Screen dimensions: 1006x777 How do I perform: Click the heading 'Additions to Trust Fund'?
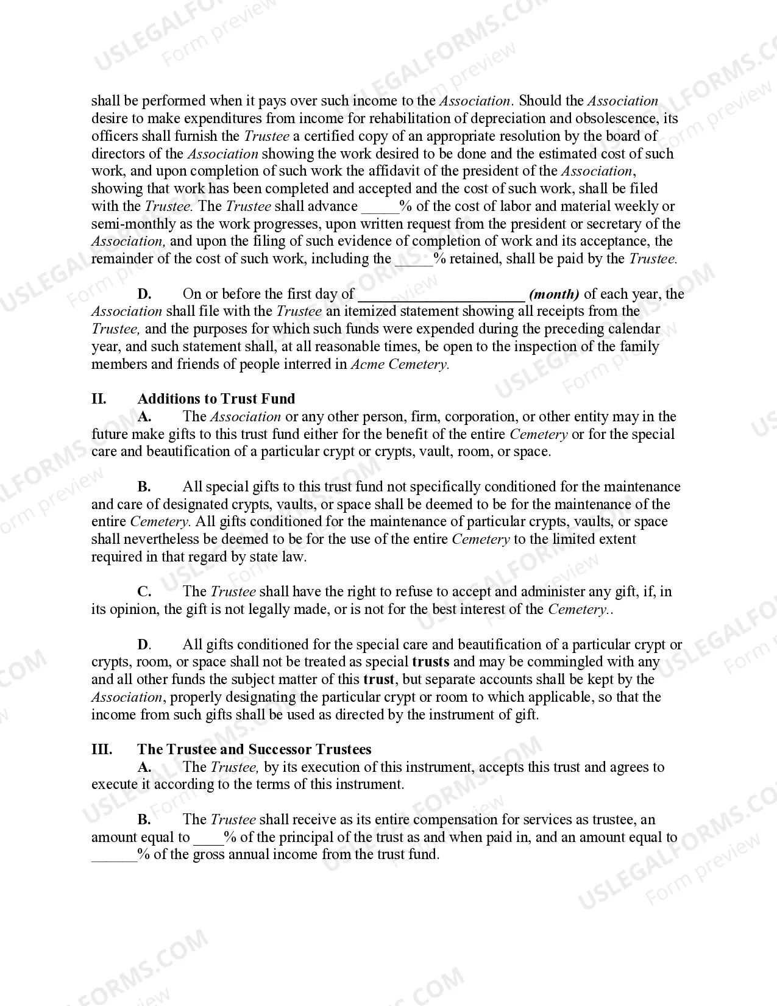click(x=216, y=399)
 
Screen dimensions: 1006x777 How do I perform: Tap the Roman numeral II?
click(x=99, y=399)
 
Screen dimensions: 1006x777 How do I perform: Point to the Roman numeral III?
click(x=102, y=749)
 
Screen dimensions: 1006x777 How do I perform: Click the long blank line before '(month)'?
click(x=441, y=295)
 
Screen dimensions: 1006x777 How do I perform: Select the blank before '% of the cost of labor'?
click(x=380, y=207)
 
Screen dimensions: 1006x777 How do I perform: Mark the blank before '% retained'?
click(x=414, y=260)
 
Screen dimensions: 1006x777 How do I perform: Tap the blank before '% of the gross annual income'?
click(x=115, y=855)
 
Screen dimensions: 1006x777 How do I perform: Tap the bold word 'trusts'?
click(x=431, y=662)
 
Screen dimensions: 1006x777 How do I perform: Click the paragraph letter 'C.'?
click(x=144, y=591)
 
